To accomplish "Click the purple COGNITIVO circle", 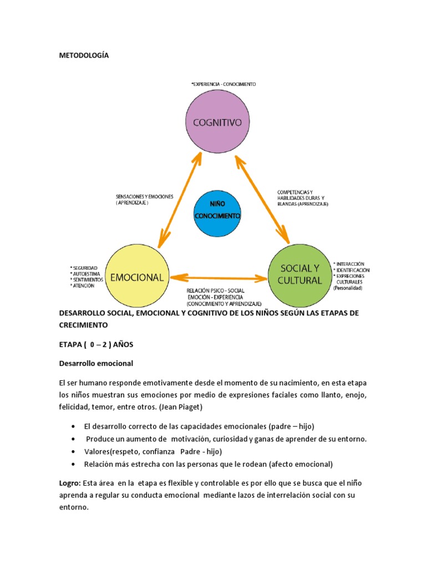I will click(x=217, y=122).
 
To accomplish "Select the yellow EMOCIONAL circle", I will click(x=136, y=277).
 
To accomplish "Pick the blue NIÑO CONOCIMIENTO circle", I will click(x=217, y=213).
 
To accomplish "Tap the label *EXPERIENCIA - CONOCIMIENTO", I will click(x=223, y=84).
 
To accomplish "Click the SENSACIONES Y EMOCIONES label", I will click(x=144, y=197).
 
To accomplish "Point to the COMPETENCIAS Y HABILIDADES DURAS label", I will click(x=300, y=195).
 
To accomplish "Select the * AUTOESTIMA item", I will click(x=84, y=274).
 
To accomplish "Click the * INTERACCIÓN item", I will click(x=349, y=264).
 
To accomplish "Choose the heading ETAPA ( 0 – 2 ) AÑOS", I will click(x=97, y=344).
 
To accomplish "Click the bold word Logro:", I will click(x=70, y=483).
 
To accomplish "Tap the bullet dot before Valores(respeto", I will click(x=74, y=451).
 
